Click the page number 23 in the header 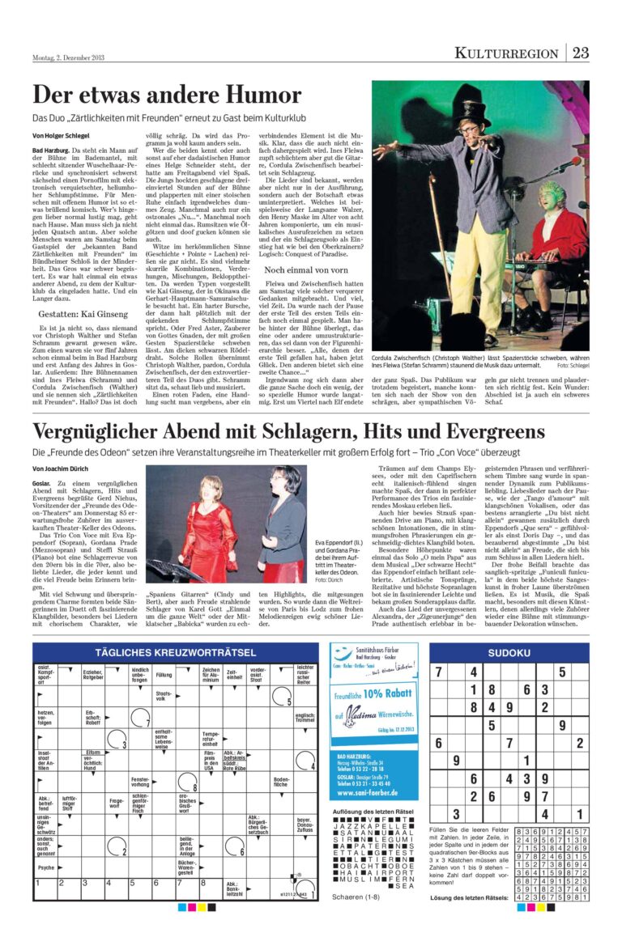pyautogui.click(x=580, y=53)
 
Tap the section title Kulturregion pyautogui.click(x=506, y=53)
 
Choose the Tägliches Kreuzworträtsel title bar pyautogui.click(x=174, y=651)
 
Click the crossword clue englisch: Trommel pyautogui.click(x=305, y=716)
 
